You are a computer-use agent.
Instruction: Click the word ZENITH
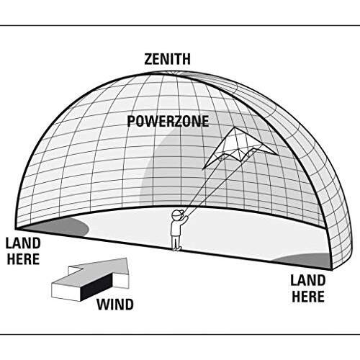(x=167, y=59)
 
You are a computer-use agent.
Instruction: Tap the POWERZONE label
(x=168, y=121)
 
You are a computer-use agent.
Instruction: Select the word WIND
(x=115, y=305)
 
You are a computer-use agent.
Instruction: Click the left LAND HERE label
(x=23, y=251)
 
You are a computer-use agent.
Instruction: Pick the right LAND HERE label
(x=308, y=289)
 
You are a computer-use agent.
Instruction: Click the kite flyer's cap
(x=178, y=214)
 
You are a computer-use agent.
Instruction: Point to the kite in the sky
(x=240, y=148)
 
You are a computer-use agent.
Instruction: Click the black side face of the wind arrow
(x=96, y=287)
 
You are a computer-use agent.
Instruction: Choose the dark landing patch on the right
(x=305, y=261)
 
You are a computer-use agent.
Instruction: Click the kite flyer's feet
(x=176, y=248)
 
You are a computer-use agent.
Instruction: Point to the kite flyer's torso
(x=176, y=228)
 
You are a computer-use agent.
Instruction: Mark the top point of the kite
(x=235, y=127)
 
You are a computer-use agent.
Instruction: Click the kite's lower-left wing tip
(x=204, y=169)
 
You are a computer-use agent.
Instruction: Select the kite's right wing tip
(x=277, y=154)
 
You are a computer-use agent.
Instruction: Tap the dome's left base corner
(x=16, y=229)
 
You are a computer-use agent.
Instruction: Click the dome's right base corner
(x=333, y=269)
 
